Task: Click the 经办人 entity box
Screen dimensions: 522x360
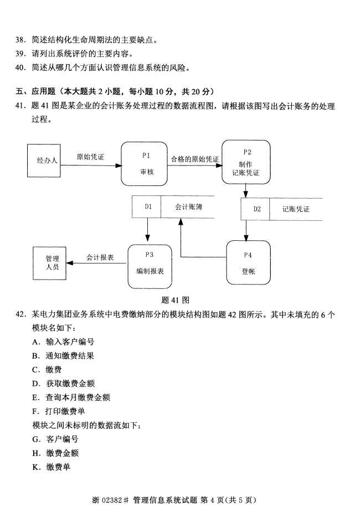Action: pyautogui.click(x=47, y=161)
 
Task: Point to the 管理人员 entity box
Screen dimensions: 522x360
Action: pyautogui.click(x=52, y=262)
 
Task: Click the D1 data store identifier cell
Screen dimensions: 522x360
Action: pyautogui.click(x=147, y=206)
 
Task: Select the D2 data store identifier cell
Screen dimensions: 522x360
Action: pyautogui.click(x=256, y=209)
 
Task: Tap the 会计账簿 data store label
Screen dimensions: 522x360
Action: pyautogui.click(x=187, y=206)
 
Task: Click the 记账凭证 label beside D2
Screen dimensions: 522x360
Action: pyautogui.click(x=296, y=209)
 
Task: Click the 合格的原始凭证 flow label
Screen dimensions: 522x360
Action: pyautogui.click(x=194, y=159)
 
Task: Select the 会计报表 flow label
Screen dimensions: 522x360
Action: pyautogui.click(x=100, y=257)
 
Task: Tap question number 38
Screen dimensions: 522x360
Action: pyautogui.click(x=20, y=40)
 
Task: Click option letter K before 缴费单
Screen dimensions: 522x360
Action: pyautogui.click(x=35, y=467)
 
